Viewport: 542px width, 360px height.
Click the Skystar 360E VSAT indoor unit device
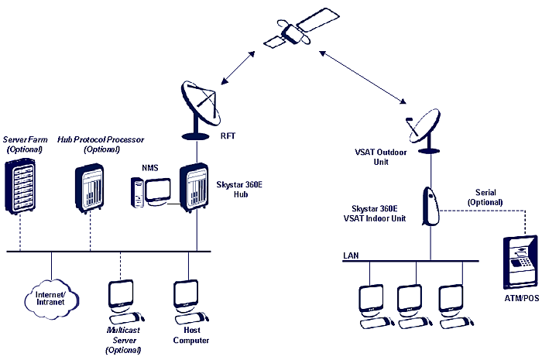coord(431,206)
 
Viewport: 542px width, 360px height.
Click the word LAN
coord(351,255)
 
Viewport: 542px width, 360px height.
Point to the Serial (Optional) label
coord(485,197)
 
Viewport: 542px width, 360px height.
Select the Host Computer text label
coord(190,334)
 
